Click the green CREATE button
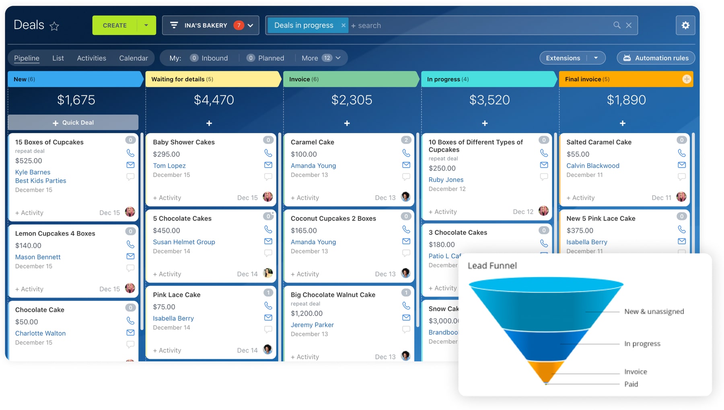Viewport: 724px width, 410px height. (x=115, y=25)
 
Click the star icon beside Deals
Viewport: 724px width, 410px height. (x=54, y=26)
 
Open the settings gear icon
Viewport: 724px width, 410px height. (x=685, y=25)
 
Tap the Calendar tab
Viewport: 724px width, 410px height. (x=134, y=58)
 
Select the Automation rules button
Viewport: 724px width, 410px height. (x=656, y=58)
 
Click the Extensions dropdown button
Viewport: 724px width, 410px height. (x=572, y=58)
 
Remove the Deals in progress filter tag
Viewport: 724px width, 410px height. (x=343, y=25)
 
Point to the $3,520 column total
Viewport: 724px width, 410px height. (x=489, y=100)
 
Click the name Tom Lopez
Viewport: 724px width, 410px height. (x=169, y=165)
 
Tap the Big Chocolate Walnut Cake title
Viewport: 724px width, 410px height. (x=333, y=295)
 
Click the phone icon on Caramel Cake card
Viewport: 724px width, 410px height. (x=406, y=153)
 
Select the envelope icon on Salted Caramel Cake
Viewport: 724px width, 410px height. (x=682, y=165)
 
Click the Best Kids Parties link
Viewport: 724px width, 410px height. (x=41, y=181)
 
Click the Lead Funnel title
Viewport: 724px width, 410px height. (x=492, y=266)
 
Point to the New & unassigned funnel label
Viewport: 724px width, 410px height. (x=654, y=311)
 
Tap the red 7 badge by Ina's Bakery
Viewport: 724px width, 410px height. (x=239, y=25)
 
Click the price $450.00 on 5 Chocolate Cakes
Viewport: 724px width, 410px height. (x=167, y=231)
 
